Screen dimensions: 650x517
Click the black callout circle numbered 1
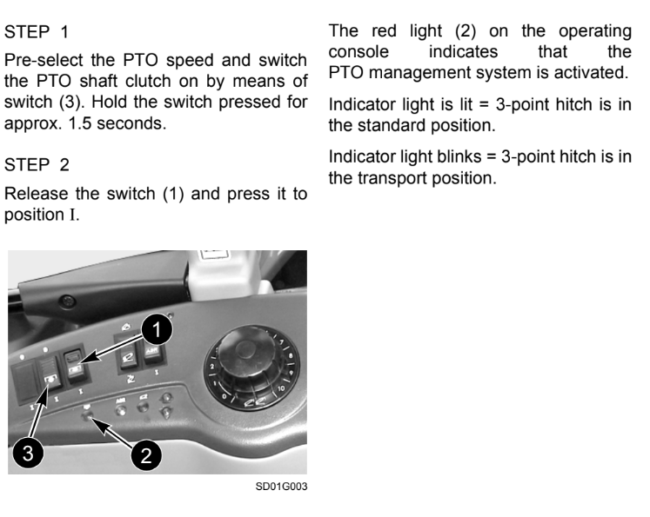(x=157, y=329)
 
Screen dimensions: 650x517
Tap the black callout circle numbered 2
(x=146, y=455)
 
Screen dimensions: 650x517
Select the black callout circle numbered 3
(x=28, y=453)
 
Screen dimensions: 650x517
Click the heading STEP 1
(x=37, y=32)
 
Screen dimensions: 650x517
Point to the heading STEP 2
(x=37, y=165)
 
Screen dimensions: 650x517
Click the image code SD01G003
(x=281, y=487)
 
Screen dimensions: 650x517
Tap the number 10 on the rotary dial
(x=281, y=388)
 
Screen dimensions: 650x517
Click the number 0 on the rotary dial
(x=224, y=396)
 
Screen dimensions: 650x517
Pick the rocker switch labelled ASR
(x=152, y=355)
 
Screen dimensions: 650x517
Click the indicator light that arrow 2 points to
(x=88, y=415)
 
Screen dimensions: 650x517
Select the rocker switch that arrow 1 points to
(x=76, y=365)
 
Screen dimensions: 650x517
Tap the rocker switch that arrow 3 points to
(x=50, y=372)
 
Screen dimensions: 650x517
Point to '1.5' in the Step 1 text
(x=79, y=123)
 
